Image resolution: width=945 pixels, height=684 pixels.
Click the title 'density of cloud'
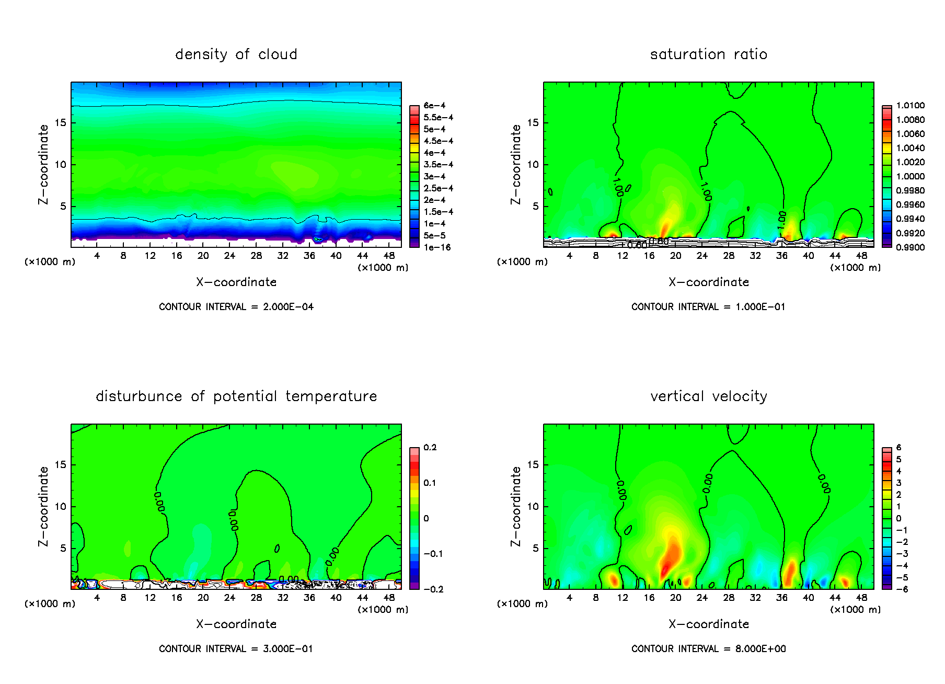pyautogui.click(x=236, y=54)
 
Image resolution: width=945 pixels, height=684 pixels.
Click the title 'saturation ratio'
pyautogui.click(x=708, y=54)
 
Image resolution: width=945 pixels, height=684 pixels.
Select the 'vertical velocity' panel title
pyautogui.click(x=708, y=396)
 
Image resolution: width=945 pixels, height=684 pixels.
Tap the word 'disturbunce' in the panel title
pyautogui.click(x=139, y=396)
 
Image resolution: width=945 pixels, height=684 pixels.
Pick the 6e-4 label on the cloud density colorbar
pyautogui.click(x=434, y=106)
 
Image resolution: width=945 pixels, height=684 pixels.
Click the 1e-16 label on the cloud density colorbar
pyautogui.click(x=437, y=247)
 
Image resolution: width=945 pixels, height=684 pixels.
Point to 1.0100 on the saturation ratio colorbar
pyautogui.click(x=910, y=106)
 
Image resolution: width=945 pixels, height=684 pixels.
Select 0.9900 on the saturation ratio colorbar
pyautogui.click(x=910, y=247)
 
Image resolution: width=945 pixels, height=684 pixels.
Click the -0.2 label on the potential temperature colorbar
pyautogui.click(x=433, y=589)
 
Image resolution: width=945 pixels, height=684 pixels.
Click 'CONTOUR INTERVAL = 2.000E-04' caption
pyautogui.click(x=236, y=307)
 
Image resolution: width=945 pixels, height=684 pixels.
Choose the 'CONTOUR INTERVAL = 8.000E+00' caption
pyautogui.click(x=708, y=649)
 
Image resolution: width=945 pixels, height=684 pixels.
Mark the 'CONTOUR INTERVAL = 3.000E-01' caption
pyautogui.click(x=236, y=649)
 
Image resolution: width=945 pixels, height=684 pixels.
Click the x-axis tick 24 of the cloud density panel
pyautogui.click(x=229, y=256)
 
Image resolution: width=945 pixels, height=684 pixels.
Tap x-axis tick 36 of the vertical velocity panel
pyautogui.click(x=781, y=598)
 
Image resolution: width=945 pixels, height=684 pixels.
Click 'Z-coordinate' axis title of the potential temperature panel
pyautogui.click(x=43, y=506)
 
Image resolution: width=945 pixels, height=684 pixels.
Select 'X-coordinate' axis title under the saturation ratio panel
pyautogui.click(x=708, y=282)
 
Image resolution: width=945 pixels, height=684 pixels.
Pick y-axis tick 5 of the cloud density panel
pyautogui.click(x=63, y=207)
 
